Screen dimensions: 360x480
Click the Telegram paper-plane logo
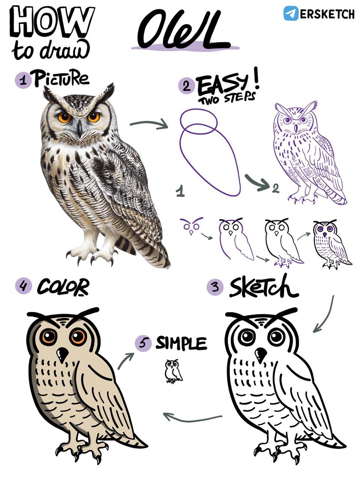(x=291, y=13)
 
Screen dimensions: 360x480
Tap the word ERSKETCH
(x=327, y=14)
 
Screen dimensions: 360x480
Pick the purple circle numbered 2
(x=186, y=86)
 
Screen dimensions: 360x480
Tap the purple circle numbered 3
(x=215, y=287)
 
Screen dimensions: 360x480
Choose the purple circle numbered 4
(x=24, y=286)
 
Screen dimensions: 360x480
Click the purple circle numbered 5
(x=143, y=343)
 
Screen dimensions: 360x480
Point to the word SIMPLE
(x=181, y=343)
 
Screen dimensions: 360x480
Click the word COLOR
(x=63, y=287)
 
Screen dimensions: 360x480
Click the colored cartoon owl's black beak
(x=62, y=354)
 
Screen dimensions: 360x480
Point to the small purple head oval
(x=199, y=121)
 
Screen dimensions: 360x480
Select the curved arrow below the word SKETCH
(x=326, y=315)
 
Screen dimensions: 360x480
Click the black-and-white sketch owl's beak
(x=261, y=354)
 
